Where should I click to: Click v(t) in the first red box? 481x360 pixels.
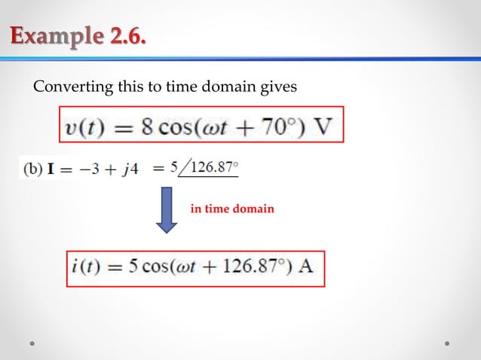tap(84, 125)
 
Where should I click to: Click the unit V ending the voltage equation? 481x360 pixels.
tap(323, 125)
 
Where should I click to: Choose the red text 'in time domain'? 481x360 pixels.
tap(232, 209)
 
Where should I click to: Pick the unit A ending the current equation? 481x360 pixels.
tap(307, 269)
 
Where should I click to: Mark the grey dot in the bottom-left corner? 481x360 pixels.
tap(33, 343)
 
